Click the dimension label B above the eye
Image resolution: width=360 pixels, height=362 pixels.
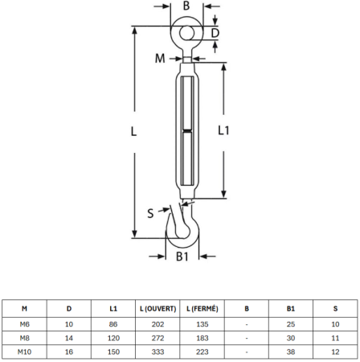click(x=186, y=6)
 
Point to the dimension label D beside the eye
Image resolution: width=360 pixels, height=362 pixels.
click(x=215, y=33)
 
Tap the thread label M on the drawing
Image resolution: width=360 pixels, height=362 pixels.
click(x=160, y=58)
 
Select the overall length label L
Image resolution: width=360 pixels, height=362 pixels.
click(x=133, y=131)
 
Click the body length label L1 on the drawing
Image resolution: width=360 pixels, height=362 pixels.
click(x=223, y=130)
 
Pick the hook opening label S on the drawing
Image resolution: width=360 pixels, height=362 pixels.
click(x=150, y=213)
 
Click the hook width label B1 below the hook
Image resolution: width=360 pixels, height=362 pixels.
click(x=182, y=257)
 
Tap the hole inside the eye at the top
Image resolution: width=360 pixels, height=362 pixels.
click(x=186, y=33)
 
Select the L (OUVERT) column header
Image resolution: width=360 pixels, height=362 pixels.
click(x=157, y=309)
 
